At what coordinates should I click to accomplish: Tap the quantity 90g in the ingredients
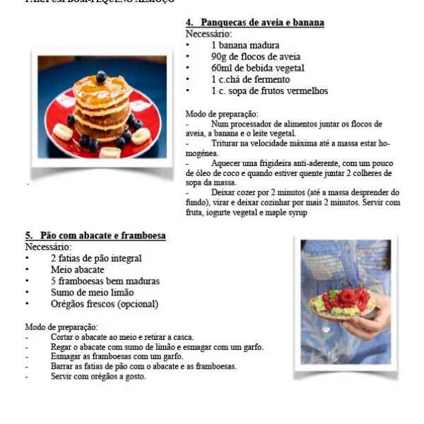pyautogui.click(x=219, y=57)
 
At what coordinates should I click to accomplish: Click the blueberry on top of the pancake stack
pyautogui.click(x=101, y=76)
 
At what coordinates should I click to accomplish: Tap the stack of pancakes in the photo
pyautogui.click(x=101, y=110)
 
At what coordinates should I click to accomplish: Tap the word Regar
pyautogui.click(x=61, y=347)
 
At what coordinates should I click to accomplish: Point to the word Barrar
pyautogui.click(x=63, y=366)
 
